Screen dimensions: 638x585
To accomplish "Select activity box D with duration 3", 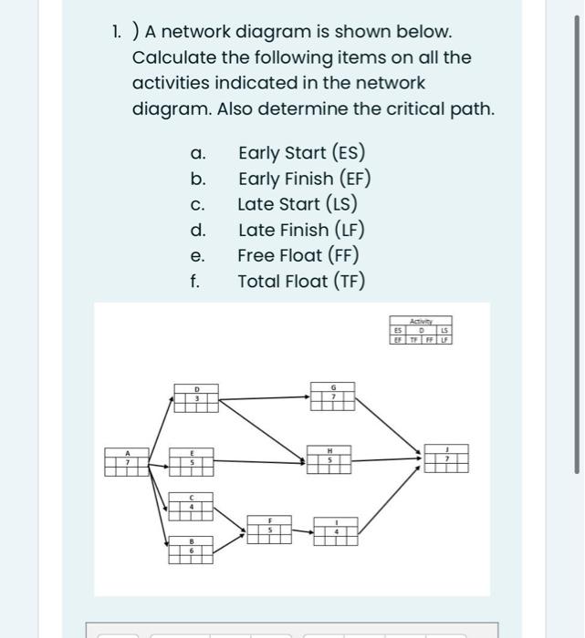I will pos(195,397).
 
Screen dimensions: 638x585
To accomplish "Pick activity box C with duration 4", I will pos(191,505).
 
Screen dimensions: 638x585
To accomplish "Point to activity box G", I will pos(333,397).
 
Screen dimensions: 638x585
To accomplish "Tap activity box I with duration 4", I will pos(336,531).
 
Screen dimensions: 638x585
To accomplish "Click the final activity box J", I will pos(446,458).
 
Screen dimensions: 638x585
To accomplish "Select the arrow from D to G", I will pos(265,397).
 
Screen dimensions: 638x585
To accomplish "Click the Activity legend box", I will pos(422,329).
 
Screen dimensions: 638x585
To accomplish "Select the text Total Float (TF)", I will pos(301,281).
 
